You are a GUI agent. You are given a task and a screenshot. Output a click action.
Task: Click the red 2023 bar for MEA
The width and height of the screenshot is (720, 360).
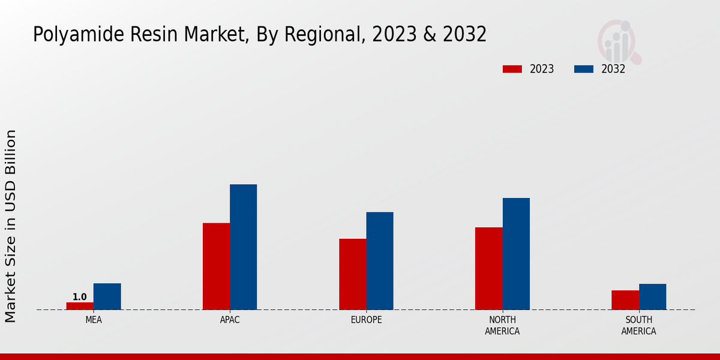80,306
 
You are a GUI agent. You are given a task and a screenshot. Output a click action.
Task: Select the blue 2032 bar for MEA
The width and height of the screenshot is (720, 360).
107,296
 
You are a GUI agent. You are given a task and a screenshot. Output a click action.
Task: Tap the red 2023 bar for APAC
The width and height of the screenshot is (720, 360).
216,266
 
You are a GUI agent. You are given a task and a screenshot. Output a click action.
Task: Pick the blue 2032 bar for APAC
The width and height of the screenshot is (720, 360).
243,247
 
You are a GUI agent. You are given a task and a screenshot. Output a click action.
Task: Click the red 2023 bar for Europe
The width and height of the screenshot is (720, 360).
352,274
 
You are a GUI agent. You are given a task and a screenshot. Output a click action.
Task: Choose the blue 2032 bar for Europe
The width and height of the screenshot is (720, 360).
380,261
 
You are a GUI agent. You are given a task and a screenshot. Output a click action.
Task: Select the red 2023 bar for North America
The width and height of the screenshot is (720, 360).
488,268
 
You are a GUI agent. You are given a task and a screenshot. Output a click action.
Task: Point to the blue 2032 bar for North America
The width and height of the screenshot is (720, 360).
516,254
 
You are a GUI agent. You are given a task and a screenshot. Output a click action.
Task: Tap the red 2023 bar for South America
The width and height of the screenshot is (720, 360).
625,300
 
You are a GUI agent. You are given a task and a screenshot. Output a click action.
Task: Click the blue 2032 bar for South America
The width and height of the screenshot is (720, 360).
652,297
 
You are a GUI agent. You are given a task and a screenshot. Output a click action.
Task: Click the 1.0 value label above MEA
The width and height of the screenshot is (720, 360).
80,297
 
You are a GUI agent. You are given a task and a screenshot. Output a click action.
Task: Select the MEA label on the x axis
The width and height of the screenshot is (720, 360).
94,320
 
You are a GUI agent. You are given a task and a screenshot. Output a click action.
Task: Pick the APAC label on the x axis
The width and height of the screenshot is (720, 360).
230,320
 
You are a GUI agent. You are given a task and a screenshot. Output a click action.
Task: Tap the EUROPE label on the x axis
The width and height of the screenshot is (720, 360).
366,320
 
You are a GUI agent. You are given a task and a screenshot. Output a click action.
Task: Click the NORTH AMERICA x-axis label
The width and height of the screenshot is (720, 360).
502,325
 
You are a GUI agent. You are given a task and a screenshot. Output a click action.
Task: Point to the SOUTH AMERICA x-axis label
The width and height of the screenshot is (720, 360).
638,325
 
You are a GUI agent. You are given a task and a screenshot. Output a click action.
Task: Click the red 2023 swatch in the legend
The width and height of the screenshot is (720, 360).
512,69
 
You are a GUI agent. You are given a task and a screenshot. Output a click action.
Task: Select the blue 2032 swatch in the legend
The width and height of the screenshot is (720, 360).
584,69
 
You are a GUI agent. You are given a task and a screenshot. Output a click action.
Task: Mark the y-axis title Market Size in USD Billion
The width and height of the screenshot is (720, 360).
11,226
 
